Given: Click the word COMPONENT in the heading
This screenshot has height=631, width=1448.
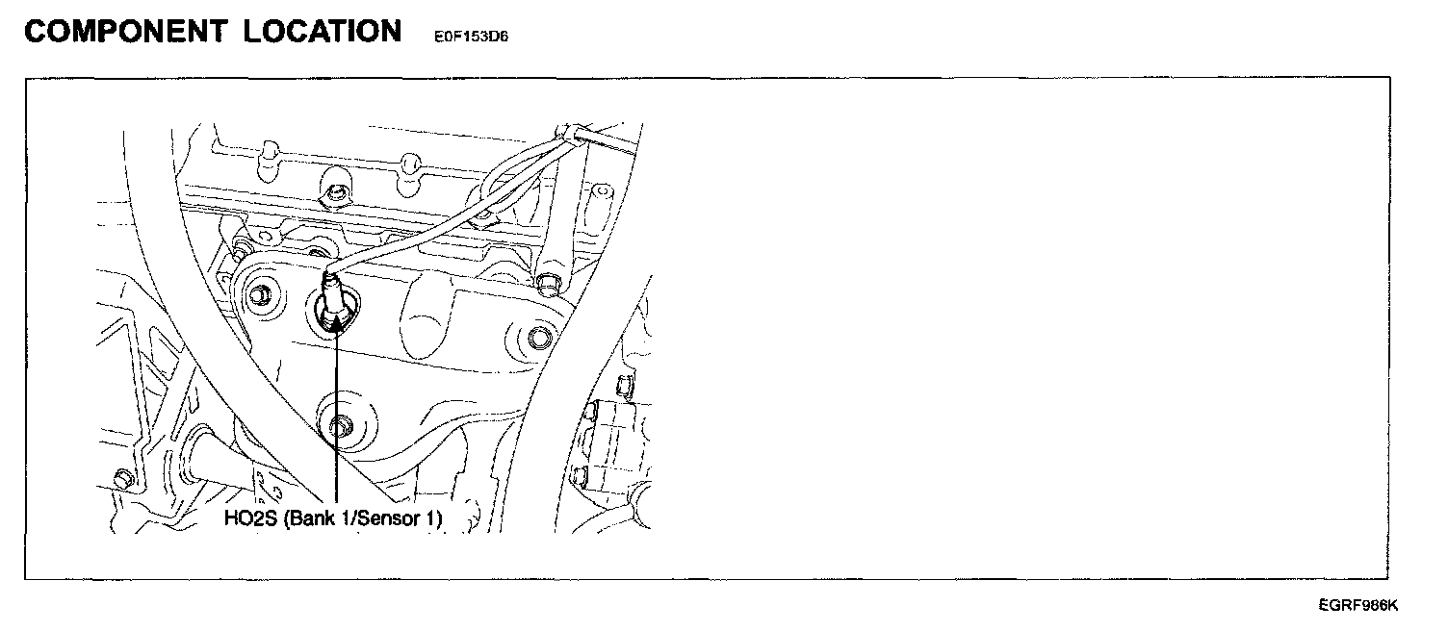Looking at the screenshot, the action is (x=125, y=32).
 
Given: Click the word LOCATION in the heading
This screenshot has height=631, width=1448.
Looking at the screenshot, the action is (x=322, y=32).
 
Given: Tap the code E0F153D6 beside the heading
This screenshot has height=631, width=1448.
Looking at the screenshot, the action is (x=464, y=38).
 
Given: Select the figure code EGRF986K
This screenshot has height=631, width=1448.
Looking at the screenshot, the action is (x=1357, y=606).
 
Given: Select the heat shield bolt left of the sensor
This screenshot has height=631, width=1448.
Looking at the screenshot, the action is (x=261, y=294).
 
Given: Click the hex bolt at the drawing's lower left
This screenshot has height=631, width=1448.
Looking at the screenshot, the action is (x=121, y=478).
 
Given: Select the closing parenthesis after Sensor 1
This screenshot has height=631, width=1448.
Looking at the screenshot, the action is (x=439, y=519).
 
